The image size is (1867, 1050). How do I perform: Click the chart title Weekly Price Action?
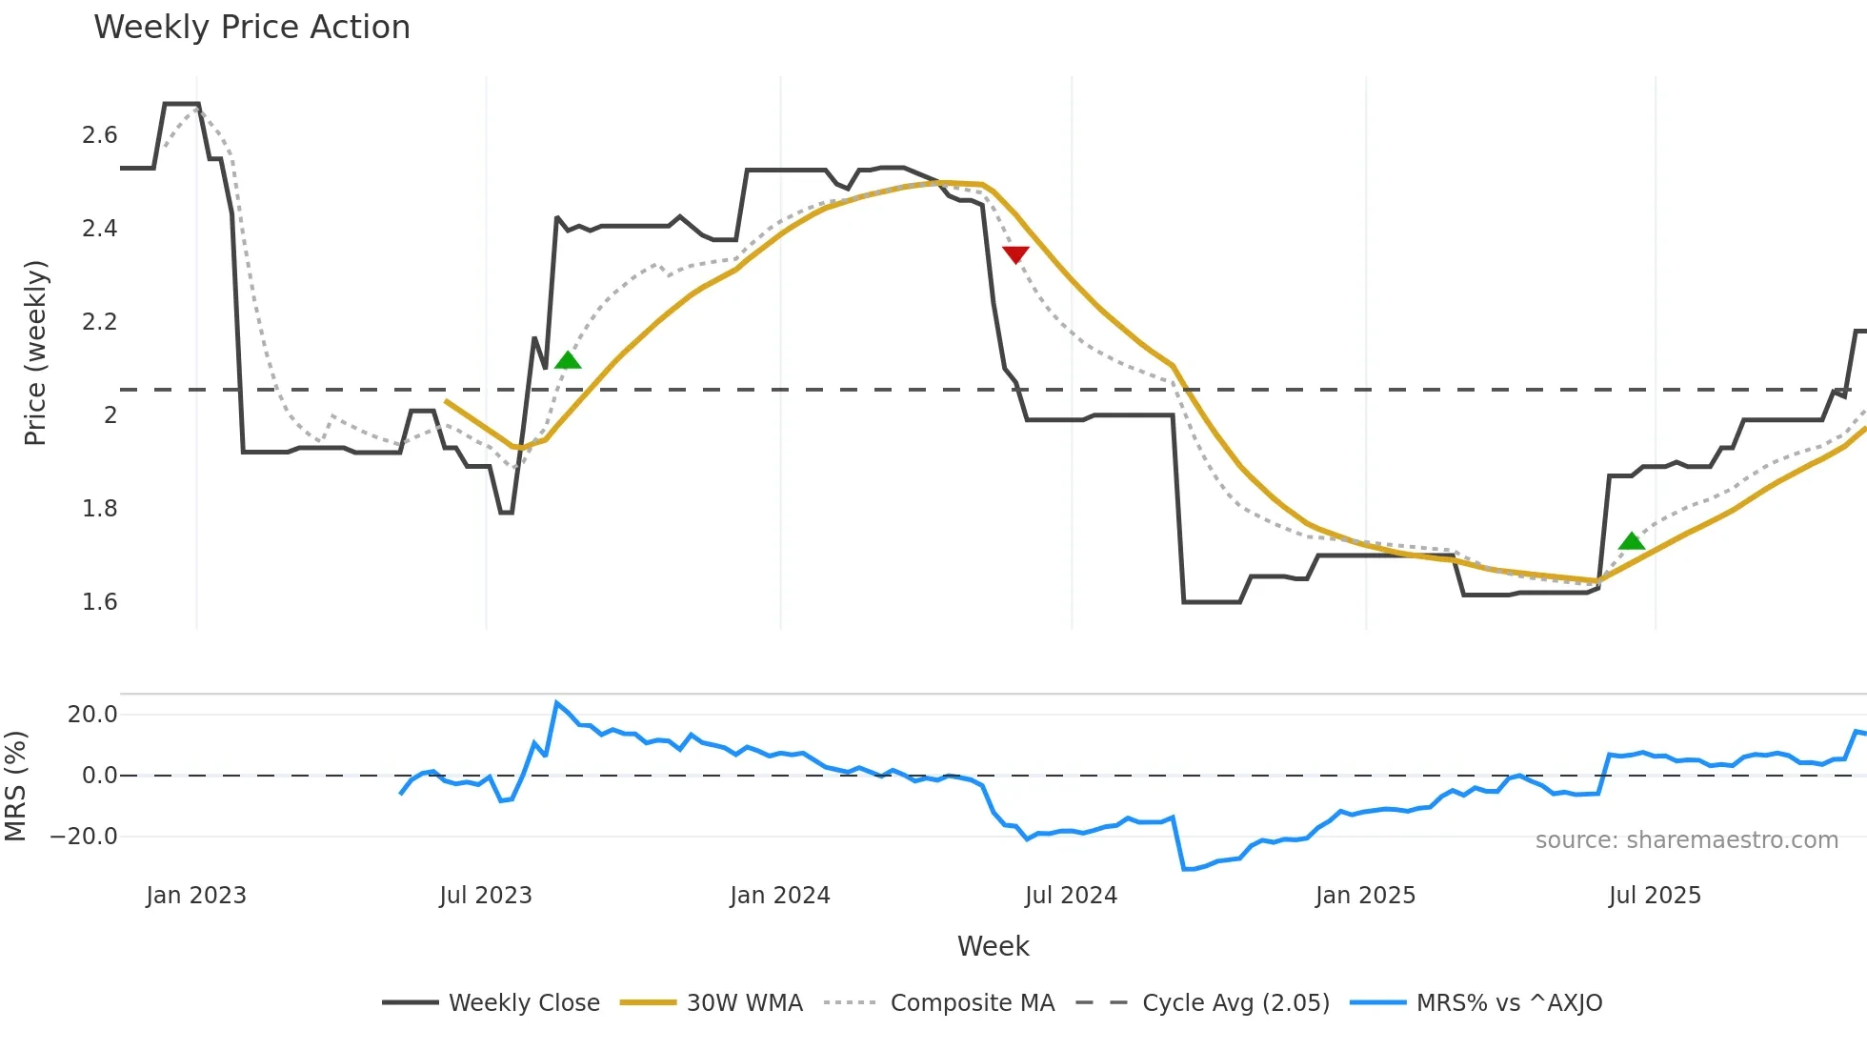[251, 28]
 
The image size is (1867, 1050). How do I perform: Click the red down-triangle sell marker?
[1015, 254]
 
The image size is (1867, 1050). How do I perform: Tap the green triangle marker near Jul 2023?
[568, 360]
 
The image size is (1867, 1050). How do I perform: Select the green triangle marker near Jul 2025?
[1632, 541]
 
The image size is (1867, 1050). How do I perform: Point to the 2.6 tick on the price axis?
[99, 135]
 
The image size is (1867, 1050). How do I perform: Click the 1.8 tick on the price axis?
[99, 509]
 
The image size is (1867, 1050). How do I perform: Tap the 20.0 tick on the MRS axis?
[92, 715]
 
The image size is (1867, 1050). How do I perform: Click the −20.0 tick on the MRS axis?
[85, 837]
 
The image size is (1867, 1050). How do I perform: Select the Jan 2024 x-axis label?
[780, 896]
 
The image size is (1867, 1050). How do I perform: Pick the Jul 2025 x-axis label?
[1655, 896]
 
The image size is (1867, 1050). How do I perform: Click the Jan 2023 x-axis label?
[196, 896]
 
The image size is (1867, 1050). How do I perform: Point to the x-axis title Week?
[993, 946]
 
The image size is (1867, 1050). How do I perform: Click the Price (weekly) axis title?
[35, 353]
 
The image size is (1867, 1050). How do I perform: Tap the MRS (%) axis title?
[15, 786]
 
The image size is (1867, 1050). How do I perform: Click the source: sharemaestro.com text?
[1686, 840]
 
